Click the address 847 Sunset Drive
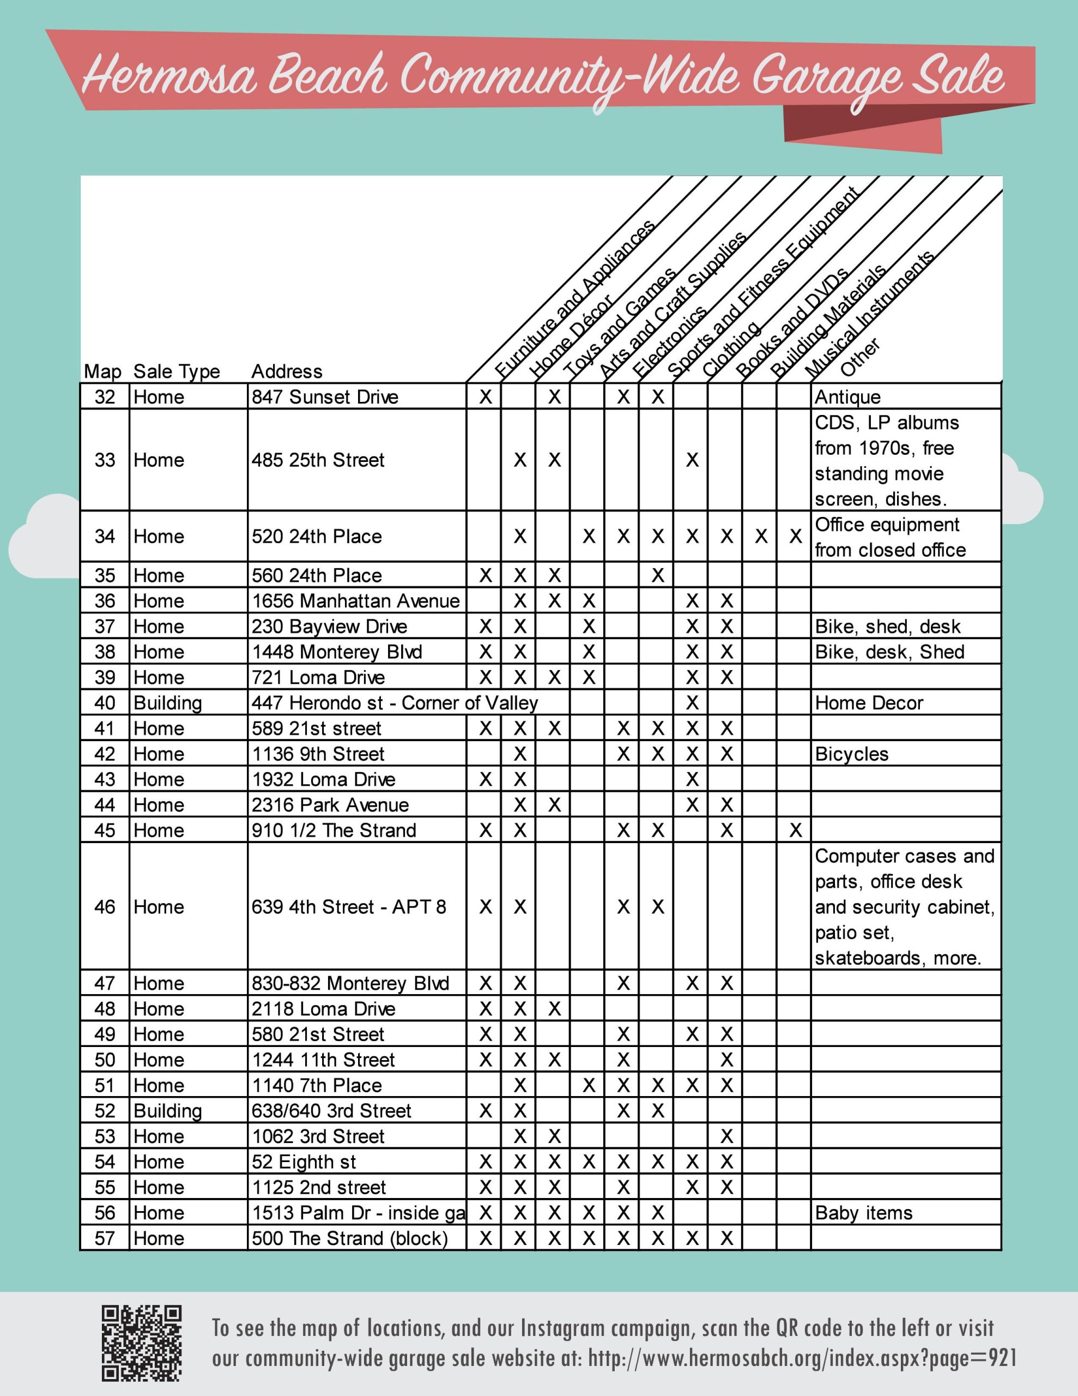(x=325, y=397)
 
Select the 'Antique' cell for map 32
(x=847, y=397)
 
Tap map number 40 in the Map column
(x=105, y=703)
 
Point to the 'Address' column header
(x=286, y=371)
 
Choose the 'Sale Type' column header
(x=177, y=371)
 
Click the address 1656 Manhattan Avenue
(x=355, y=601)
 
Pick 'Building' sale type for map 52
(x=167, y=1111)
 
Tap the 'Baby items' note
(x=863, y=1213)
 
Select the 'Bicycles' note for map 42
(x=851, y=754)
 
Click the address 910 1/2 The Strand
(x=334, y=831)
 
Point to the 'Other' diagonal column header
(x=860, y=357)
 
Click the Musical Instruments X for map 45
(x=795, y=831)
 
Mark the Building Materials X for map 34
(x=760, y=536)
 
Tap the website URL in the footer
(x=802, y=1358)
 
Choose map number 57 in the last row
(x=105, y=1238)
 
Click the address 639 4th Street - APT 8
(x=348, y=907)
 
